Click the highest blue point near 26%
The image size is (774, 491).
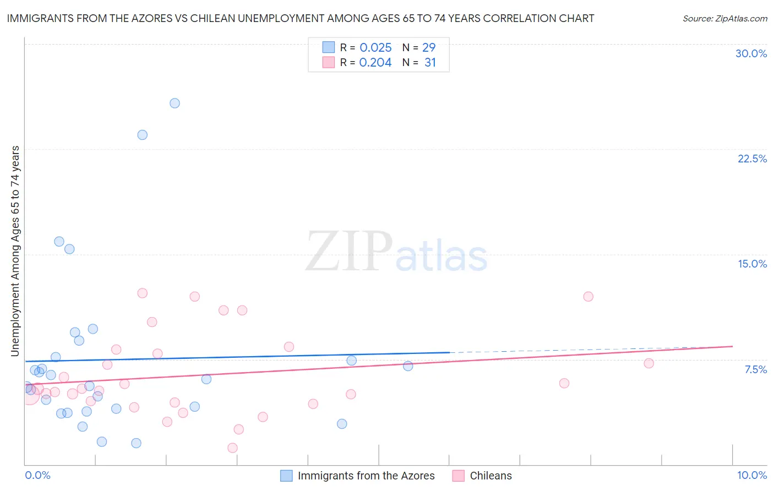pos(175,103)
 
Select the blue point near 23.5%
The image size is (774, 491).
pos(142,135)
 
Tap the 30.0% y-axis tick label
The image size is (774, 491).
pos(751,53)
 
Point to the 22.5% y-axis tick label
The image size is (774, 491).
pos(752,159)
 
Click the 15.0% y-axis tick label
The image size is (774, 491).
pos(752,264)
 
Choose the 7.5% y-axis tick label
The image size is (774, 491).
pos(755,369)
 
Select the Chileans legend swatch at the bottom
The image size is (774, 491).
pos(458,476)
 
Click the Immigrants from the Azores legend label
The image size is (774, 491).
pos(366,476)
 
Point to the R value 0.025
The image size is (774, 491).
pos(375,48)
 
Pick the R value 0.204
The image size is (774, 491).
pos(375,63)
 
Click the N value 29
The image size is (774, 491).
pos(429,48)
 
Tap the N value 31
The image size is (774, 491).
pos(430,63)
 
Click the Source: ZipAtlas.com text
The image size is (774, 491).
pos(724,19)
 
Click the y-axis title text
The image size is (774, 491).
pos(15,251)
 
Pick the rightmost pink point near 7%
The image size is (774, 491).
pos(648,363)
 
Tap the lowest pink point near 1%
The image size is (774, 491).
pos(232,448)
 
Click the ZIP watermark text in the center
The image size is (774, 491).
pos(349,252)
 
